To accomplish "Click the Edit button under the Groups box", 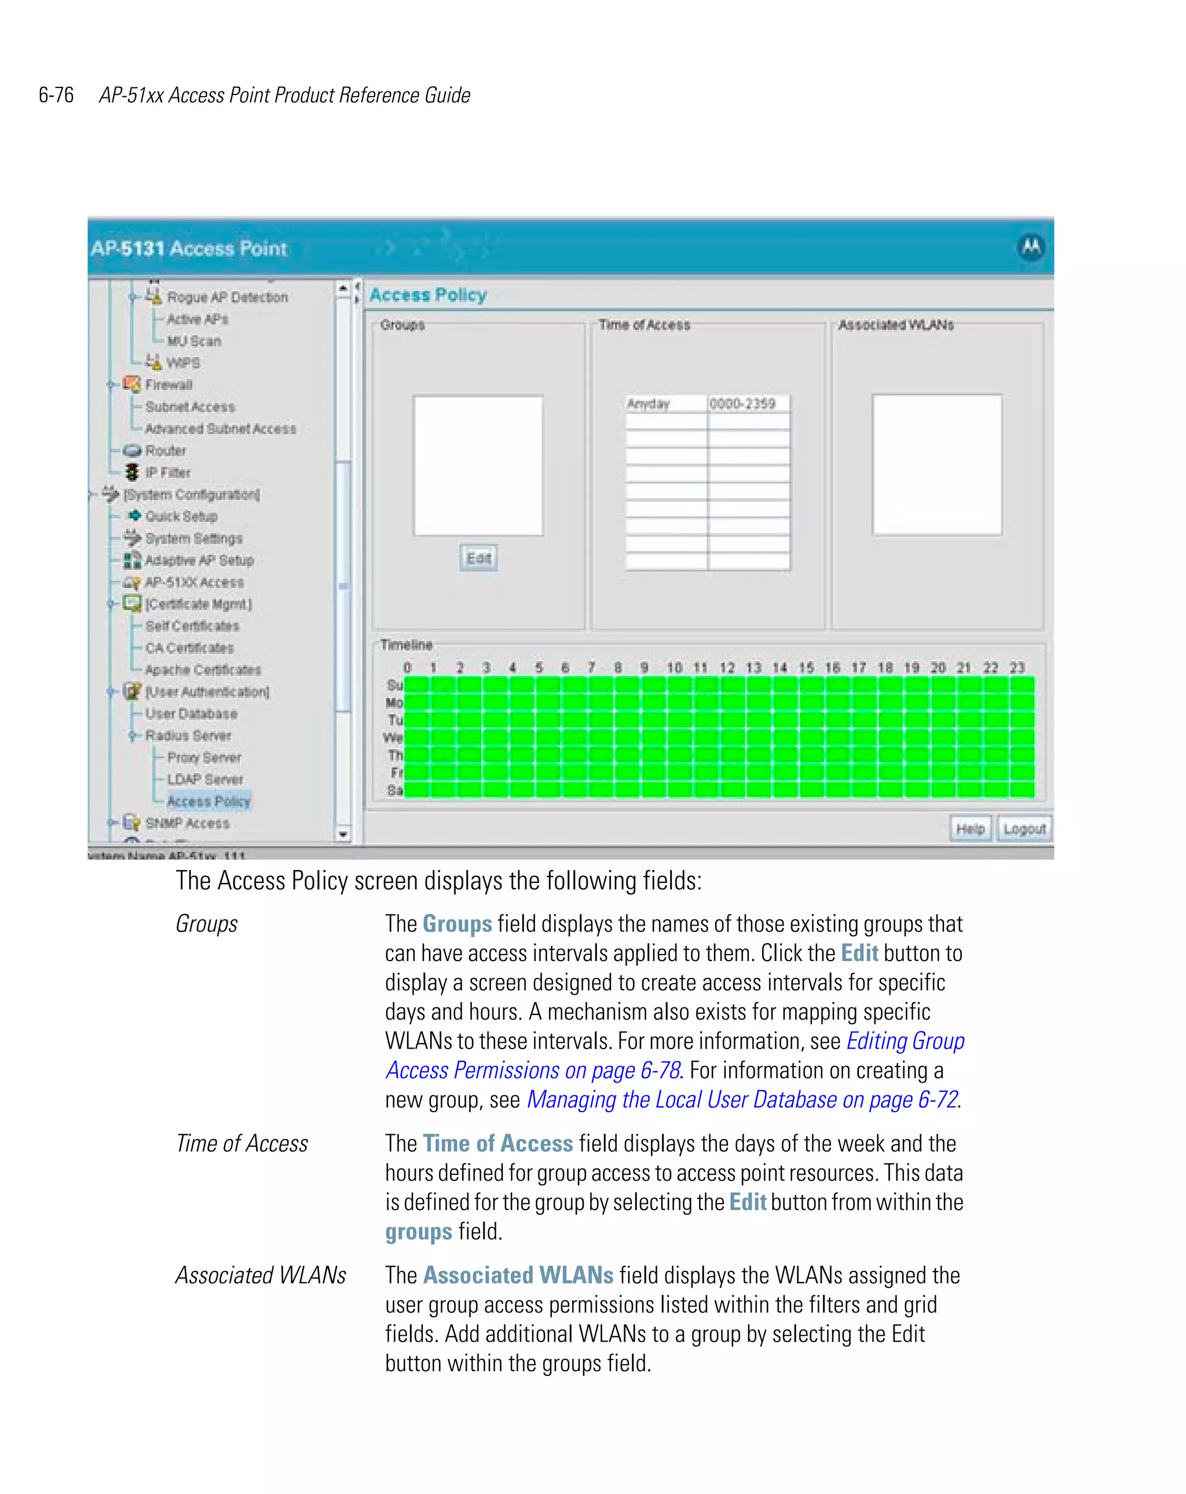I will (478, 558).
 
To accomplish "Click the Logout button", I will (1024, 829).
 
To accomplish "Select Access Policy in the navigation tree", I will (208, 801).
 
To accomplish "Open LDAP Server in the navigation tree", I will (204, 780).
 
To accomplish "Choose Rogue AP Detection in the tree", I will (226, 297).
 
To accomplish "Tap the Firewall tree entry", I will (169, 385).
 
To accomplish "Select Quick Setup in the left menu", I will (181, 516).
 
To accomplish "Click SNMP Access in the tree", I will (187, 823).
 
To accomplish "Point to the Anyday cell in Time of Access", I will (665, 404).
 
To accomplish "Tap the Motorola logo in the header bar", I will (1031, 247).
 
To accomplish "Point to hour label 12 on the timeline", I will (727, 667).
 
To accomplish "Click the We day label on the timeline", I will (393, 737).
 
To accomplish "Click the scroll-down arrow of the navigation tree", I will (343, 834).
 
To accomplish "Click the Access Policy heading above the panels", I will (427, 295).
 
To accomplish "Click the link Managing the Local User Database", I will (741, 1100).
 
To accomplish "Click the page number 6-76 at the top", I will (56, 95).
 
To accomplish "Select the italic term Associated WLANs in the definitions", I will (261, 1275).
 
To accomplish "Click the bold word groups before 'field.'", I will (419, 1232).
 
